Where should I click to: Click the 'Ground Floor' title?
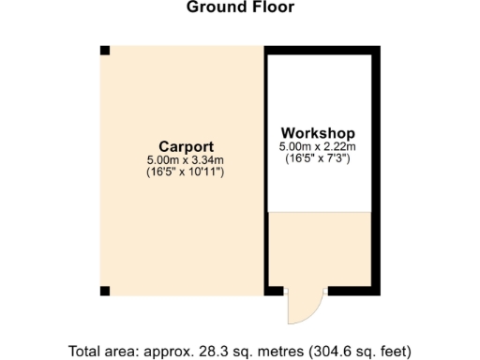(240, 7)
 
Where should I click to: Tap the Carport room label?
(186, 146)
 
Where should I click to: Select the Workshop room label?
(318, 132)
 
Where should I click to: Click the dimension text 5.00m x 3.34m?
(186, 160)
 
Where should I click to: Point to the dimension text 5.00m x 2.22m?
(318, 147)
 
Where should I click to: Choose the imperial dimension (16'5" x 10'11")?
(186, 172)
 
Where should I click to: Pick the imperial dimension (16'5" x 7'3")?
(318, 159)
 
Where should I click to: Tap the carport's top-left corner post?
(105, 50)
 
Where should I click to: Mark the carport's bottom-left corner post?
(105, 290)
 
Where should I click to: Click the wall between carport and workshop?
(265, 169)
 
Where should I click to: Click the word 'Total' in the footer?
(86, 352)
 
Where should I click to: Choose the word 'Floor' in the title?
(275, 7)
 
